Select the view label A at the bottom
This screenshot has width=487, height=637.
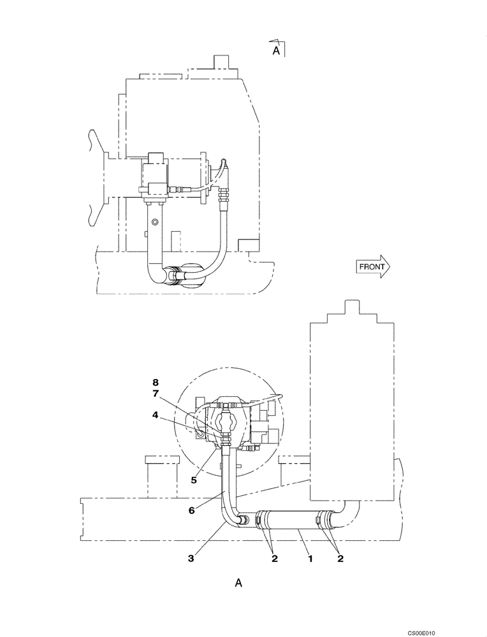238,582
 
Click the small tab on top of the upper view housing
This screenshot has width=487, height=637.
221,62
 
